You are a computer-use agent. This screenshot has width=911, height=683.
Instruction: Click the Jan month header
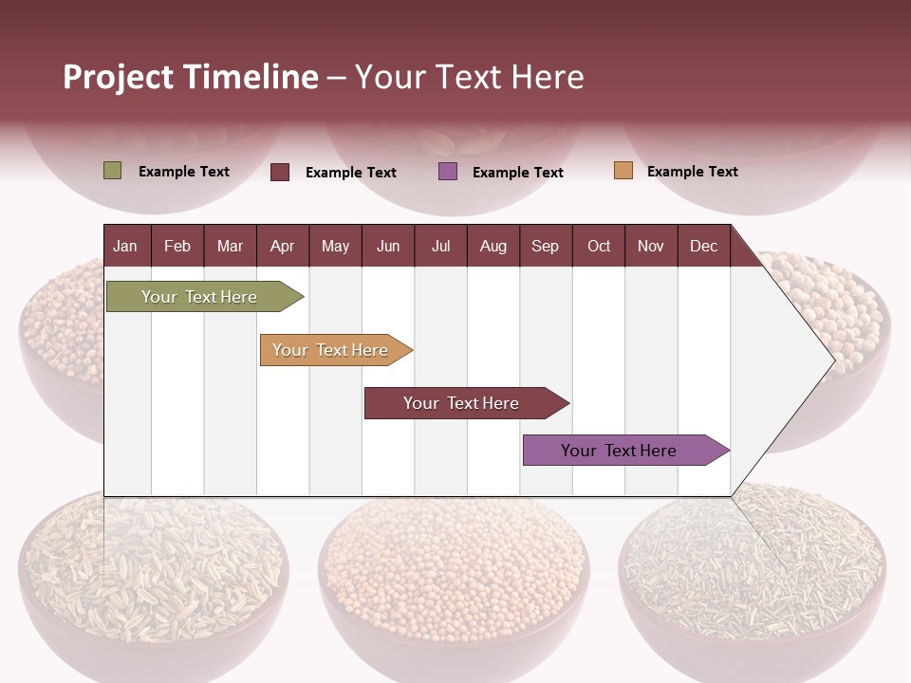[125, 246]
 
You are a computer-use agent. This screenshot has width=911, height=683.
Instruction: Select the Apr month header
[282, 246]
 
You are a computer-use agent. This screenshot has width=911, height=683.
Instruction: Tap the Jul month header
[440, 246]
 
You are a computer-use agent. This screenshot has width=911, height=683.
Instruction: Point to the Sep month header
[545, 246]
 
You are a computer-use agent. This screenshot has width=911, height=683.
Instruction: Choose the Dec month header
[703, 246]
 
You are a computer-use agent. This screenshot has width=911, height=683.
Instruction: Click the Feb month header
[177, 246]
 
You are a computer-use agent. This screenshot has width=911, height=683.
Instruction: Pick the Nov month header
[651, 246]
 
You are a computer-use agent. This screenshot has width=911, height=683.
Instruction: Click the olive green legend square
[112, 171]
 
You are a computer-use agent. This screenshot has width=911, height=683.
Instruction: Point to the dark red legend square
[280, 172]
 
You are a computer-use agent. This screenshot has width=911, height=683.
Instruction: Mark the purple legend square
[448, 172]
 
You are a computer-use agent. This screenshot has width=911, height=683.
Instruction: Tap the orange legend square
[623, 171]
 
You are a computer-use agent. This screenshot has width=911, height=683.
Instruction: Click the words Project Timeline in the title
[191, 77]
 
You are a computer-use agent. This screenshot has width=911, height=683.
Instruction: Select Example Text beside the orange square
[692, 172]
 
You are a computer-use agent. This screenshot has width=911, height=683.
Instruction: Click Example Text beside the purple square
[517, 173]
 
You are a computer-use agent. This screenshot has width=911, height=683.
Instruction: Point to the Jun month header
[387, 246]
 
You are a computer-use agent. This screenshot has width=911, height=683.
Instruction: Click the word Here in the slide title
[548, 77]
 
